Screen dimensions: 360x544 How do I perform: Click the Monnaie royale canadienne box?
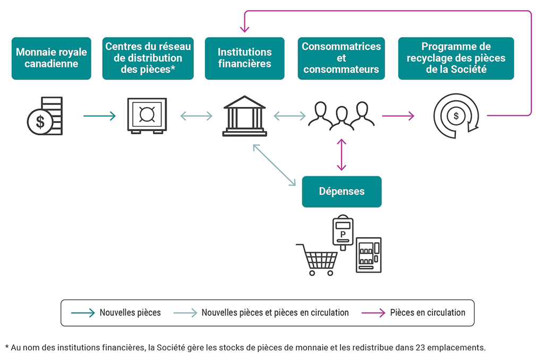pyautogui.click(x=51, y=58)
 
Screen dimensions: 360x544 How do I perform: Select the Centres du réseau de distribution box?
pyautogui.click(x=148, y=58)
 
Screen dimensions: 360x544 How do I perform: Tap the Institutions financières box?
pyautogui.click(x=244, y=58)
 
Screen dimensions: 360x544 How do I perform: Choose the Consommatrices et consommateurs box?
pyautogui.click(x=341, y=58)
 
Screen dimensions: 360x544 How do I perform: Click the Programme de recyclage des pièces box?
pyautogui.click(x=456, y=58)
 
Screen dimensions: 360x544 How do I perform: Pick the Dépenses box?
pyautogui.click(x=342, y=192)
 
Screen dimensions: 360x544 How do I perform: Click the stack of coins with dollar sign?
pyautogui.click(x=45, y=116)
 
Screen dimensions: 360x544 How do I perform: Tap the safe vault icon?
pyautogui.click(x=147, y=116)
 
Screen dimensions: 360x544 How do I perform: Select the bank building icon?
pyautogui.click(x=244, y=116)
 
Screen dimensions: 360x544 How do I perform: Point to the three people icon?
pyautogui.click(x=341, y=116)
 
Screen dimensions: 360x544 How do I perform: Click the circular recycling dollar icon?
pyautogui.click(x=456, y=116)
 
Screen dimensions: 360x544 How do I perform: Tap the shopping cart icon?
pyautogui.click(x=317, y=260)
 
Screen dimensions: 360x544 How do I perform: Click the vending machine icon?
pyautogui.click(x=368, y=255)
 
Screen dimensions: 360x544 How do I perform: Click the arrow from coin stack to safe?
pyautogui.click(x=99, y=116)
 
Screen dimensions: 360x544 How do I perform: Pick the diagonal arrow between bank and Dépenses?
pyautogui.click(x=275, y=165)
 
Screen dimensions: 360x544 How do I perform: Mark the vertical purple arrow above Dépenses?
pyautogui.click(x=342, y=155)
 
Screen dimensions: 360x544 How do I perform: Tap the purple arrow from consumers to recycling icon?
pyautogui.click(x=398, y=116)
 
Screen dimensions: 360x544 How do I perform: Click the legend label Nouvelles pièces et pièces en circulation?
pyautogui.click(x=275, y=313)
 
